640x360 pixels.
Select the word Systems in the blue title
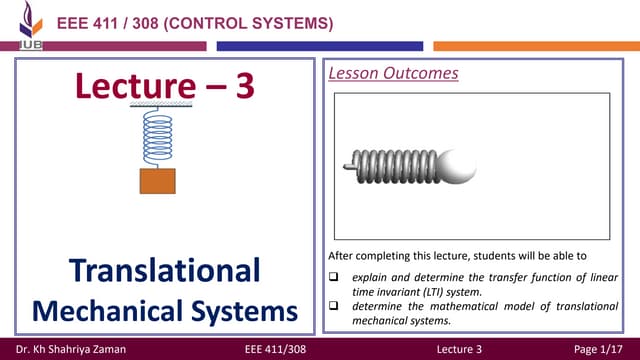point(242,310)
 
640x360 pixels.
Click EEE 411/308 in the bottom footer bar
point(275,347)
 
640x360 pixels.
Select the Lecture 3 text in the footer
point(460,347)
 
